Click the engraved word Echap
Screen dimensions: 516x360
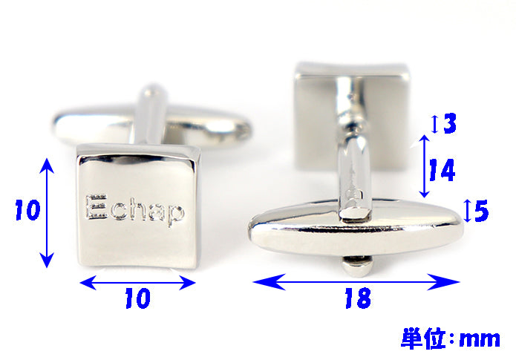tap(134, 209)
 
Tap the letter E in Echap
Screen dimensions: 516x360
tap(96, 207)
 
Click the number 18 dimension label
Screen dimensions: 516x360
tap(358, 298)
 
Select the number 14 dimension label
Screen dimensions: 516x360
tap(442, 170)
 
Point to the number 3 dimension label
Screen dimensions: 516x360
tap(450, 123)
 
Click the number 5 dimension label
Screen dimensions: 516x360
tap(482, 211)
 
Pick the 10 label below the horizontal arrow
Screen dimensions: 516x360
tap(138, 298)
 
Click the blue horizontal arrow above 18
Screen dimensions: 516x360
tap(356, 282)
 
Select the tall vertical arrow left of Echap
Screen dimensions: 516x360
tap(47, 213)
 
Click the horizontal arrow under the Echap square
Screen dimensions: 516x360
tap(137, 282)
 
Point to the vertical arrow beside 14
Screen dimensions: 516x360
tap(425, 166)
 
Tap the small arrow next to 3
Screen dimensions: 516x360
tap(435, 124)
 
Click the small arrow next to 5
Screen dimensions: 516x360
tap(467, 211)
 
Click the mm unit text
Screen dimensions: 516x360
tap(480, 339)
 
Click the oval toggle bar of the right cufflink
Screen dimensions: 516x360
tap(356, 226)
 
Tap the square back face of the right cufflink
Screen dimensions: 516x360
tap(352, 116)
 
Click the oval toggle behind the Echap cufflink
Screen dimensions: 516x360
tap(152, 126)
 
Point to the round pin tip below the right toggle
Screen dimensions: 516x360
tap(357, 266)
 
